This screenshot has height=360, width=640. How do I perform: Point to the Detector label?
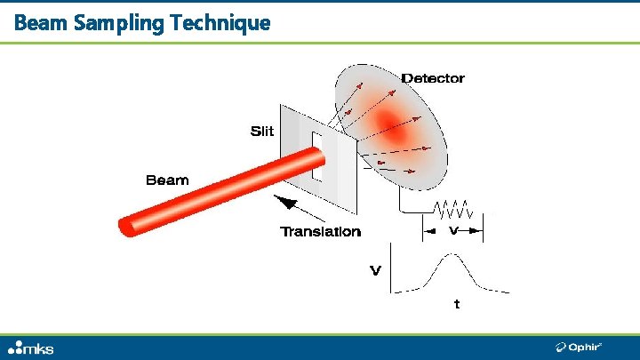point(433,78)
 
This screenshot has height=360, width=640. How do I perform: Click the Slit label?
point(262,132)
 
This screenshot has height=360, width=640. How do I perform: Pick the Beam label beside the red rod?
point(167,180)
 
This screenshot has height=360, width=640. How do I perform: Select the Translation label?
point(321,232)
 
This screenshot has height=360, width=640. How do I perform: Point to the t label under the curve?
point(457,305)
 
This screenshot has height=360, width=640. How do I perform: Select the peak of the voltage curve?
point(452,255)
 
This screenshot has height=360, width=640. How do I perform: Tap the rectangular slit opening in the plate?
point(316,156)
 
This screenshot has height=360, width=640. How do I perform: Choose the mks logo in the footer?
point(31,348)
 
